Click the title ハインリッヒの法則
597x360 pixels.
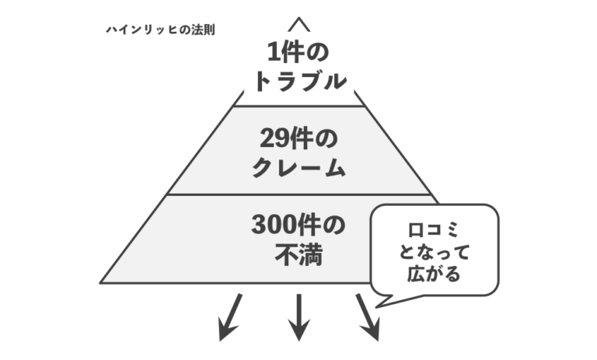(160, 31)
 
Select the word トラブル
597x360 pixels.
(299, 80)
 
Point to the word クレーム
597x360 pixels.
(298, 167)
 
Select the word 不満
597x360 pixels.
(298, 253)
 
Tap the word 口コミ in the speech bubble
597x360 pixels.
(433, 232)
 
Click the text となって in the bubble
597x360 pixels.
(433, 252)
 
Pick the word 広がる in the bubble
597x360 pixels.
(433, 273)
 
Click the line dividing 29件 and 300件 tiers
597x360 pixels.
(298, 194)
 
